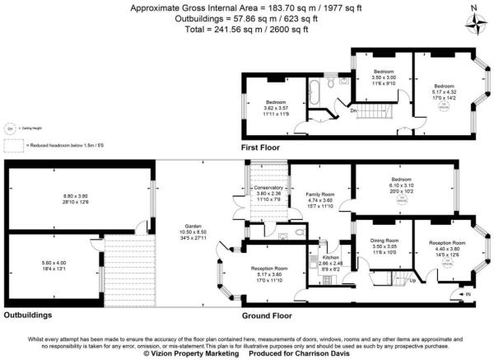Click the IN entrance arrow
(x=468, y=294)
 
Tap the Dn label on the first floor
(x=354, y=109)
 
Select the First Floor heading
(x=261, y=147)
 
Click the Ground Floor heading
(x=268, y=316)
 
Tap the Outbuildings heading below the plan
(x=30, y=316)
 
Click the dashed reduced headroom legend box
(x=13, y=145)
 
